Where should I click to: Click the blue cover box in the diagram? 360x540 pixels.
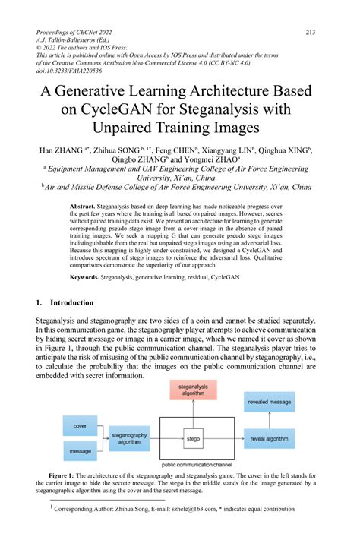80,428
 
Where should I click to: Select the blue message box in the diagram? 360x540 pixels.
80,450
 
